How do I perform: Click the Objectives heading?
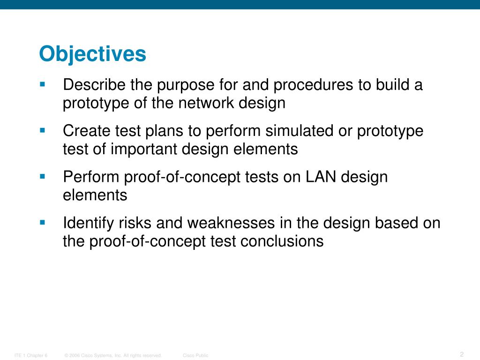[92, 54]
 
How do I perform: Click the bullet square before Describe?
[42, 85]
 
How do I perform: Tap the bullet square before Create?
[42, 131]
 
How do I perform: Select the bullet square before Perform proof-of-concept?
[42, 177]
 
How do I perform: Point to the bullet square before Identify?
[42, 223]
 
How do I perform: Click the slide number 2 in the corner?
[462, 354]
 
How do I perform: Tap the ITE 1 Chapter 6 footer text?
[31, 356]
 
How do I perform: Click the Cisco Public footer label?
[195, 356]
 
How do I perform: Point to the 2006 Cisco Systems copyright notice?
[113, 356]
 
